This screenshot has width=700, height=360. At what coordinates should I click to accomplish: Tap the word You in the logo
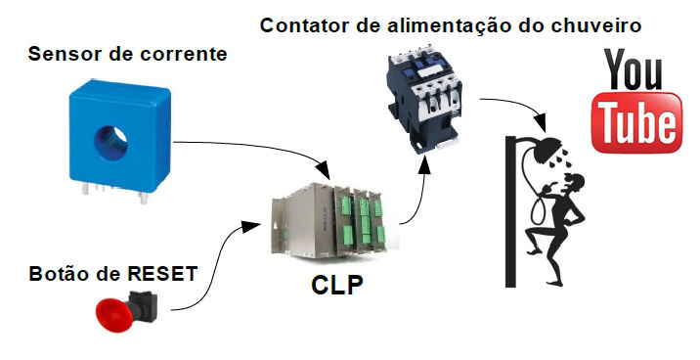point(634,69)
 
